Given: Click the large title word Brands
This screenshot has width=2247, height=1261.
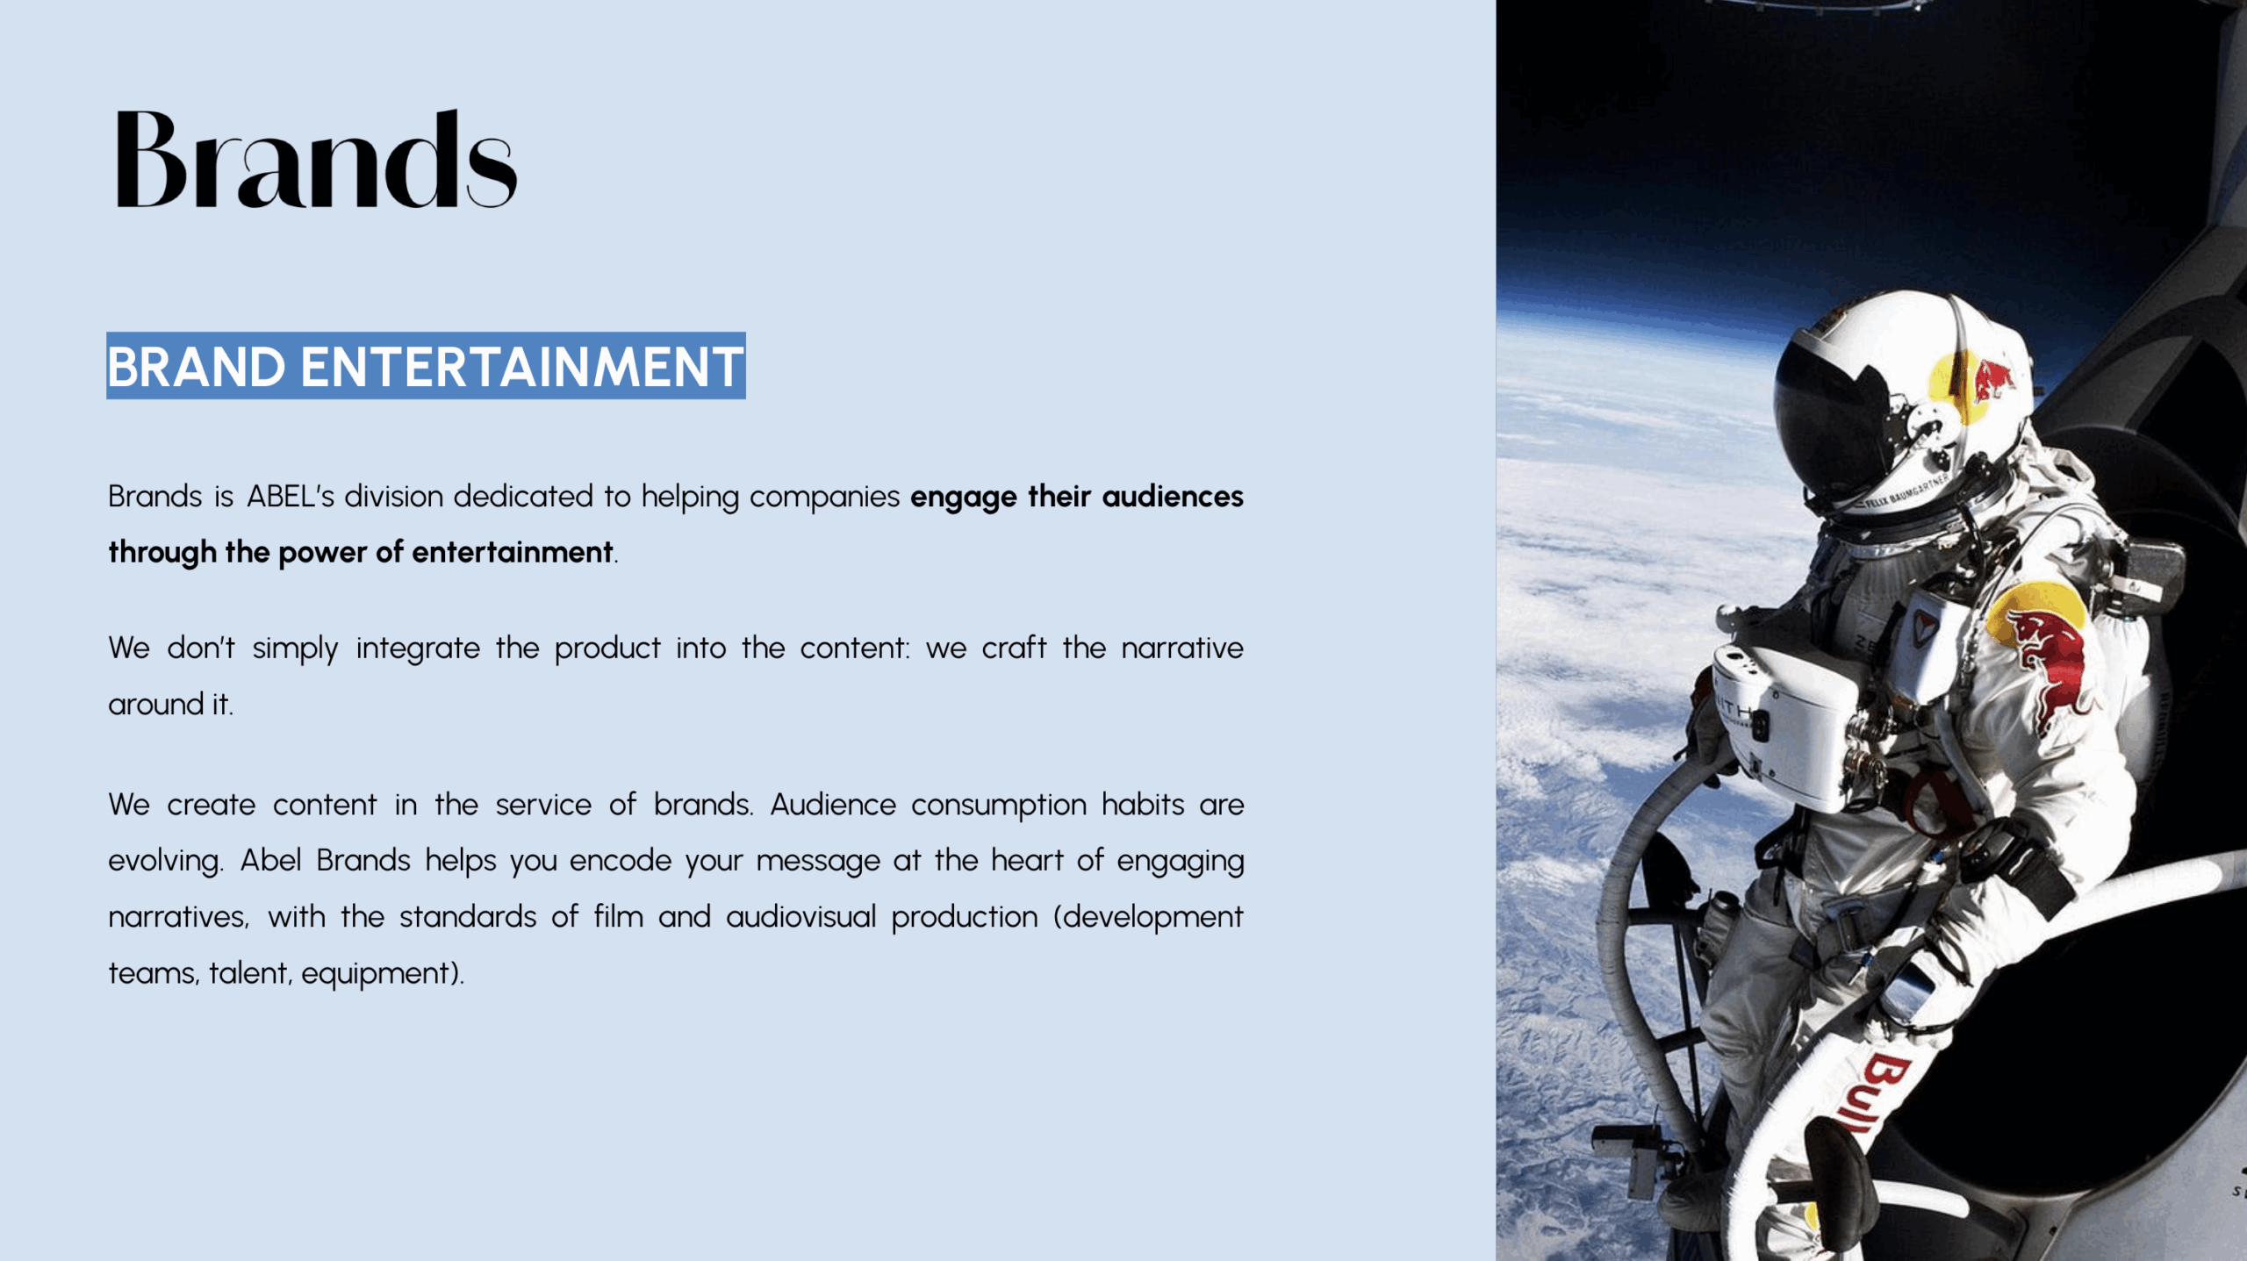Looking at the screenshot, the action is point(316,159).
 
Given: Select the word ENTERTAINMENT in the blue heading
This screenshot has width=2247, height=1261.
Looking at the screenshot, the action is point(521,366).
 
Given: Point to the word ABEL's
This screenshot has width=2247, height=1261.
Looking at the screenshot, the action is point(291,497).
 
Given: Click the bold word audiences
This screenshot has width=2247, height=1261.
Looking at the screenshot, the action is point(1173,497).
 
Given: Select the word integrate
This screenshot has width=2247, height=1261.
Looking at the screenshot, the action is point(418,649).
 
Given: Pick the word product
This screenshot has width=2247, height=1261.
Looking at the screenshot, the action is point(607,649).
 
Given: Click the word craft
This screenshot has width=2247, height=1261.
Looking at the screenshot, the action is point(1014,648).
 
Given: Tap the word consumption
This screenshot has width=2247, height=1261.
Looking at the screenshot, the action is point(999,806).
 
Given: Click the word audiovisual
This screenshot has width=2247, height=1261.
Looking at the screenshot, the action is point(801,917).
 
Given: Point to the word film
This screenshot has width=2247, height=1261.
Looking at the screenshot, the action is point(618,917).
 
